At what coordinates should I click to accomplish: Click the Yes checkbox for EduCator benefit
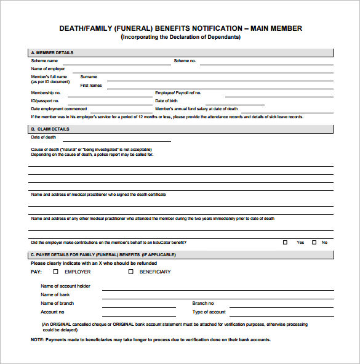(x=285, y=243)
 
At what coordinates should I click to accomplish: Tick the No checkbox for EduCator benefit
(x=314, y=243)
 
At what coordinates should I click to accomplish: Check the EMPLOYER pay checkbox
(x=55, y=272)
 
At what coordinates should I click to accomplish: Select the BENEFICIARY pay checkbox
(x=131, y=272)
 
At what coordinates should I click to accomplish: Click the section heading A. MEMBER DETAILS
(x=52, y=53)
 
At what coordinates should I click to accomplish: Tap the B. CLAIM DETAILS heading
(x=50, y=129)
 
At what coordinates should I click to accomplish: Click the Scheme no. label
(x=185, y=61)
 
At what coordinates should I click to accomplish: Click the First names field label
(x=91, y=86)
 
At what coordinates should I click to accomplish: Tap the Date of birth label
(x=167, y=100)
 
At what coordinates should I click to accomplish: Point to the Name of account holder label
(x=65, y=286)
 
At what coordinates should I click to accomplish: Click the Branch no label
(x=203, y=303)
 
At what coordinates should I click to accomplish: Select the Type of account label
(x=209, y=312)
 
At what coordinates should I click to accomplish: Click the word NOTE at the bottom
(x=37, y=339)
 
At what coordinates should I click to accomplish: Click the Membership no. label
(x=46, y=93)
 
